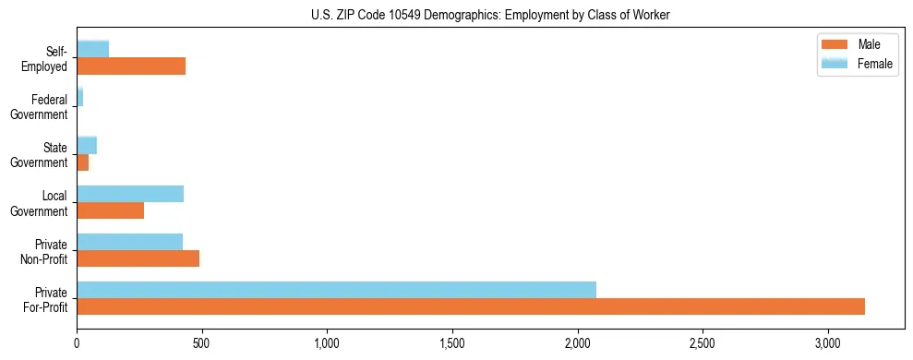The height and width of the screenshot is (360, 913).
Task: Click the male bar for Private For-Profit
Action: coord(471,306)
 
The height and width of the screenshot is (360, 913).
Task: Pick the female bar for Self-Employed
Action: coord(92,50)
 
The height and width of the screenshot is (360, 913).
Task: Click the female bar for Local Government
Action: coord(130,194)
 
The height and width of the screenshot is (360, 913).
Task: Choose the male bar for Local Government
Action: coord(110,210)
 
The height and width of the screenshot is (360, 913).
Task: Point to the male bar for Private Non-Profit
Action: coord(138,258)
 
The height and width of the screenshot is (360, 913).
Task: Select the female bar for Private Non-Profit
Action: coord(129,242)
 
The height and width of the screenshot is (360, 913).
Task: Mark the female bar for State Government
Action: coord(87,146)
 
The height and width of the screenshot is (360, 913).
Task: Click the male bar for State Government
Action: coord(82,162)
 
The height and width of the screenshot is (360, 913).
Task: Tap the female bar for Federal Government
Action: coord(79,97)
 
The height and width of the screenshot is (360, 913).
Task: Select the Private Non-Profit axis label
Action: coord(46,251)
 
